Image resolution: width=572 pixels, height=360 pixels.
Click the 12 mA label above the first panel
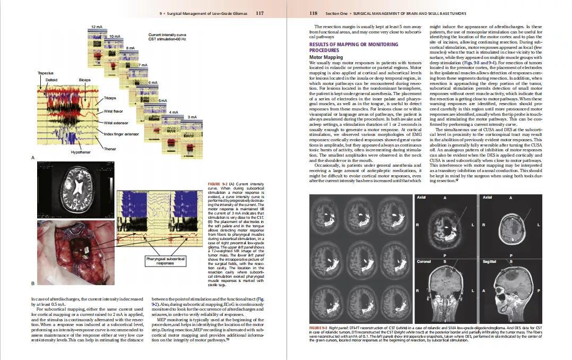tap(97, 27)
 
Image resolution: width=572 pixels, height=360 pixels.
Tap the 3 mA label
tap(192, 117)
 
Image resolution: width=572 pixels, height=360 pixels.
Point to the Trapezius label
tap(45, 72)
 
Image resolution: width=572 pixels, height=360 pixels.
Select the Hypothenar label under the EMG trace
tap(81, 152)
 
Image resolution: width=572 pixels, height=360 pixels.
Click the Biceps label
tap(84, 80)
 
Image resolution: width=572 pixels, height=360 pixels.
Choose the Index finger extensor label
tap(121, 134)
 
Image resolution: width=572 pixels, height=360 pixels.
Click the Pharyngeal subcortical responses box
tap(166, 261)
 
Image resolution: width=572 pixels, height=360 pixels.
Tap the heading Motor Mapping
tap(326, 57)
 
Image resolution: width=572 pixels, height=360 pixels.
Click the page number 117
tap(259, 13)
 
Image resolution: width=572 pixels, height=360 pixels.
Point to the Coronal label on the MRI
tap(423, 262)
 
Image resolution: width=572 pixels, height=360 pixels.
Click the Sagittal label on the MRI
tap(489, 262)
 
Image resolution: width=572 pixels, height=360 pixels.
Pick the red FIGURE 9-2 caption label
tap(218, 184)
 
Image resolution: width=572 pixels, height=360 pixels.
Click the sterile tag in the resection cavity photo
tap(82, 253)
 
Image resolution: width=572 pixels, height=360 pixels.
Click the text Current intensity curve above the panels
tap(167, 35)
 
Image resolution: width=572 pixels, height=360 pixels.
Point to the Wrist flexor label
tap(113, 111)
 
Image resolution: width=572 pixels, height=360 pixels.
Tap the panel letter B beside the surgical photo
tap(33, 284)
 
